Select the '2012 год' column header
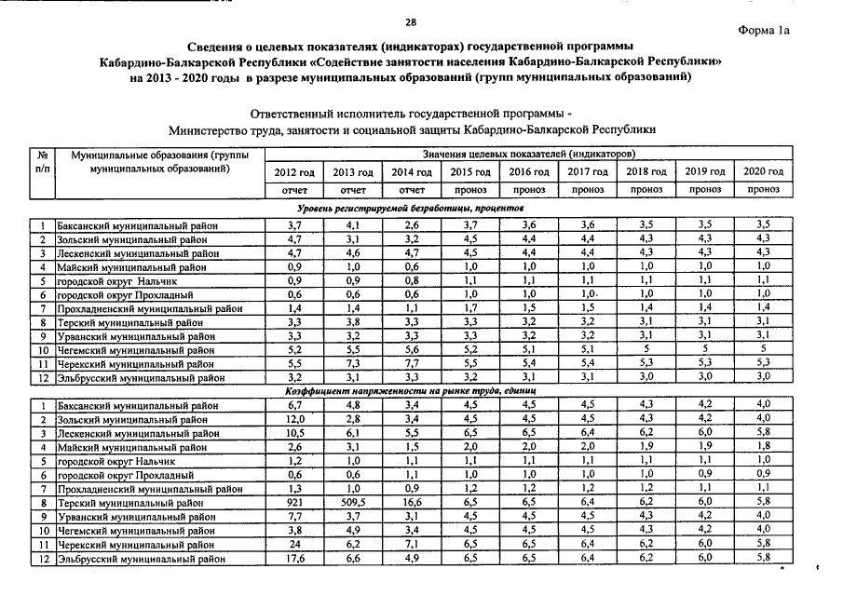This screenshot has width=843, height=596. tap(294, 172)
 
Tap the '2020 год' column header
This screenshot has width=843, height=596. tap(763, 172)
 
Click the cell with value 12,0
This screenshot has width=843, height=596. tap(294, 419)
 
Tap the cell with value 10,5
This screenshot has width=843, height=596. tap(294, 434)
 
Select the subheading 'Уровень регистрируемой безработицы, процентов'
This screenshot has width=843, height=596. tap(410, 208)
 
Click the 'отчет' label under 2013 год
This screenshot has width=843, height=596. tap(353, 190)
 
